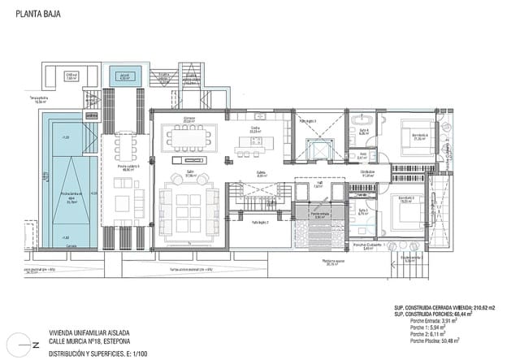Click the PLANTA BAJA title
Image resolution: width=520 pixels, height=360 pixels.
pyautogui.click(x=36, y=14)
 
